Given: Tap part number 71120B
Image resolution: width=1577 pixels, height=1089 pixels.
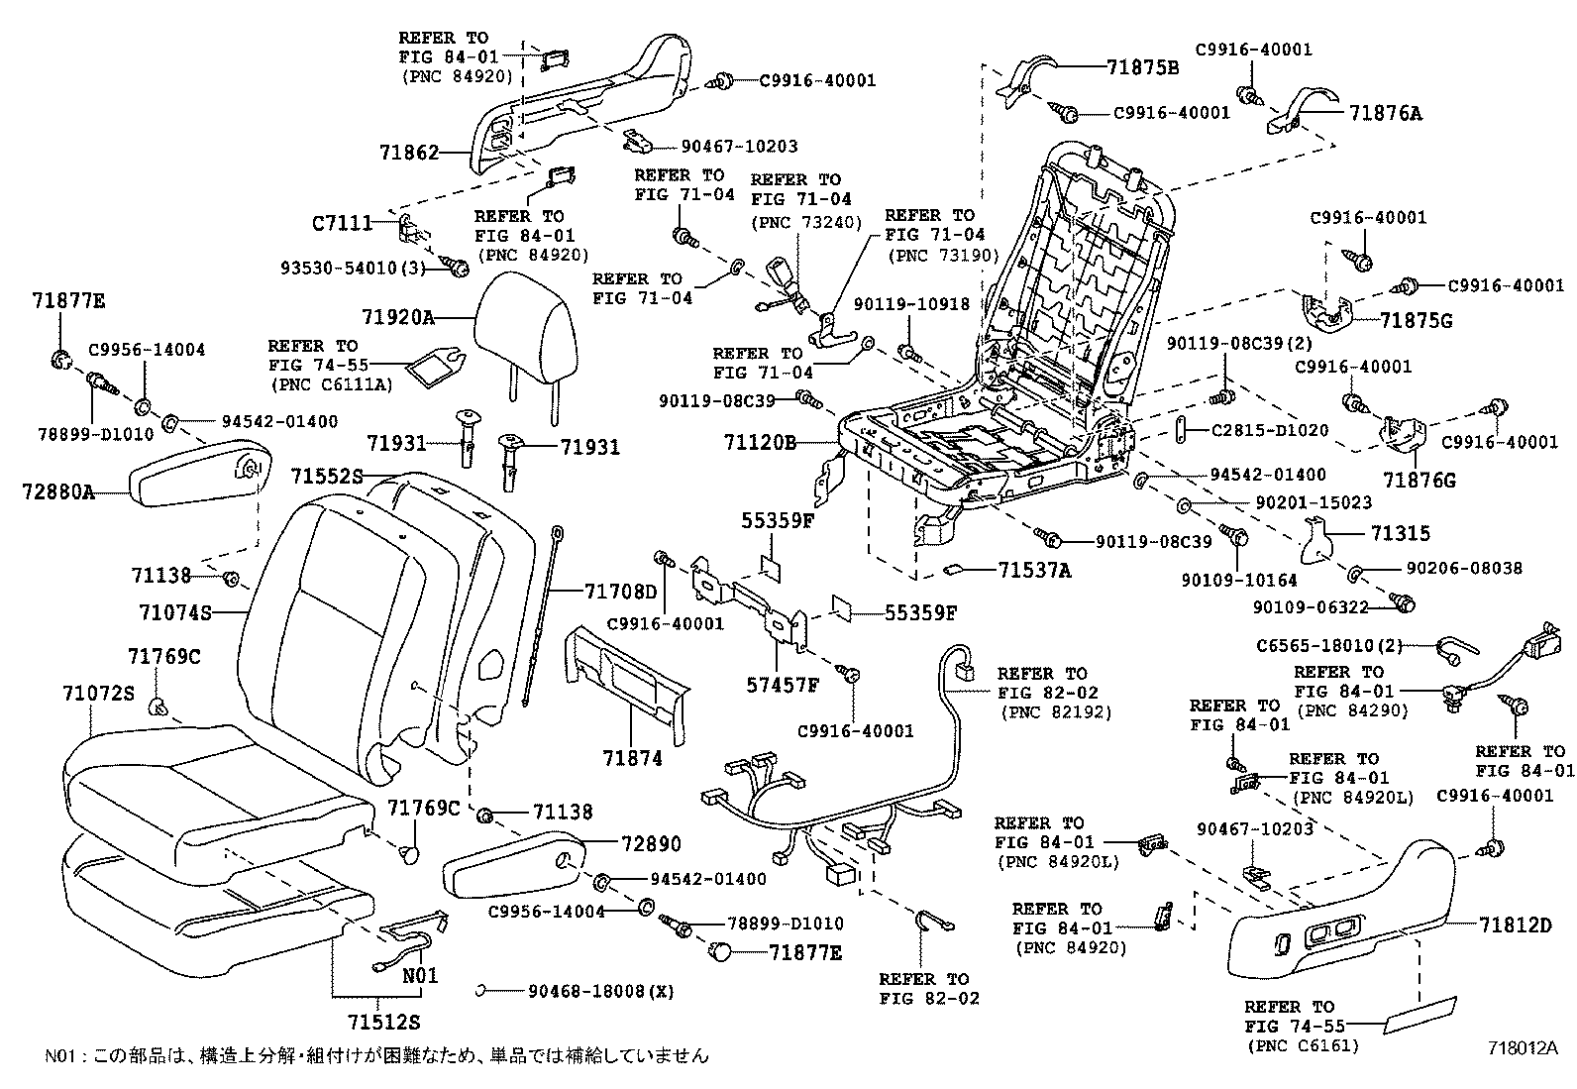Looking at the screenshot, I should pyautogui.click(x=761, y=443).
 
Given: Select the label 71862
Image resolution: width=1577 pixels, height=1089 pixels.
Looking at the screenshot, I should pyautogui.click(x=408, y=153).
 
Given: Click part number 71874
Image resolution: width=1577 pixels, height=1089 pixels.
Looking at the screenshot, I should pyautogui.click(x=632, y=759).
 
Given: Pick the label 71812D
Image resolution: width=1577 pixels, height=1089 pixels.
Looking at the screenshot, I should pyautogui.click(x=1516, y=926).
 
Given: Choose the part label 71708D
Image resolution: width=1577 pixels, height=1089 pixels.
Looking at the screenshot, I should pyautogui.click(x=621, y=592).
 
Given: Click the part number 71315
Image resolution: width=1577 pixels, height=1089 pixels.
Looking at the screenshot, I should pyautogui.click(x=1400, y=534).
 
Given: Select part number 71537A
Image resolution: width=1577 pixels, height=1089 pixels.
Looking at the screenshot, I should pyautogui.click(x=1034, y=570).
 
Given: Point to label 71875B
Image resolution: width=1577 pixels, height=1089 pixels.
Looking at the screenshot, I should pyautogui.click(x=1143, y=68).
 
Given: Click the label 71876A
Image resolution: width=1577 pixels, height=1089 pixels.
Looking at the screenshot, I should pyautogui.click(x=1385, y=113).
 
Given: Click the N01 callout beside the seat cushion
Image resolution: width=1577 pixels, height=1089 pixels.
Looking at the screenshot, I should pyautogui.click(x=420, y=975).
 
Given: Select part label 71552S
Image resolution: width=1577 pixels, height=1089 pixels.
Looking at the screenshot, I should pyautogui.click(x=327, y=477).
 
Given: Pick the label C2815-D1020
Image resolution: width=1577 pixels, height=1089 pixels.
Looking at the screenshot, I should pyautogui.click(x=1270, y=431).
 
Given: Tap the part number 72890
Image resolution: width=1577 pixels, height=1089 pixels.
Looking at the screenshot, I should pyautogui.click(x=651, y=844).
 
